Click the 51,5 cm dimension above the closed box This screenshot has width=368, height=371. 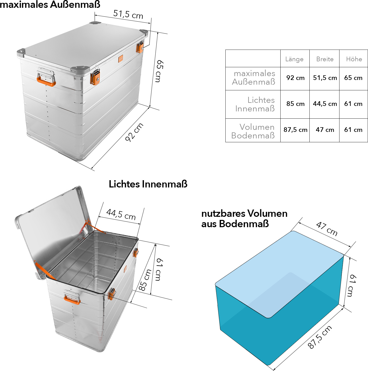128,15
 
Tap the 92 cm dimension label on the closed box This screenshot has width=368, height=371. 134,132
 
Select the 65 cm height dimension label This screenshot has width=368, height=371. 159,71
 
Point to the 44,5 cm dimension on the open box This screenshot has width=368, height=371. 121,214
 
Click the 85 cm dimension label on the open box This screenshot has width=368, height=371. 145,280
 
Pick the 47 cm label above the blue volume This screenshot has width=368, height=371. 327,228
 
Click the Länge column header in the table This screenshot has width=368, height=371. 294,59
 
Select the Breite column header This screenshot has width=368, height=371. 325,59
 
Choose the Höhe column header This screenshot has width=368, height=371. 354,59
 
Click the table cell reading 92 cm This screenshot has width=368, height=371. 295,78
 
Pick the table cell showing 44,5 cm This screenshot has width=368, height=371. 325,104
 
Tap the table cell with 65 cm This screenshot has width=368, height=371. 353,78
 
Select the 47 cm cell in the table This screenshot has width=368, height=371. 325,130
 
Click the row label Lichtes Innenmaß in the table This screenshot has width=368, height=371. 255,104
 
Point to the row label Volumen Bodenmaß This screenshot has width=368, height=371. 253,131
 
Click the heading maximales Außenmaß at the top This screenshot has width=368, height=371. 50,4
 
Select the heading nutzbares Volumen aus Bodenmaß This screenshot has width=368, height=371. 244,219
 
